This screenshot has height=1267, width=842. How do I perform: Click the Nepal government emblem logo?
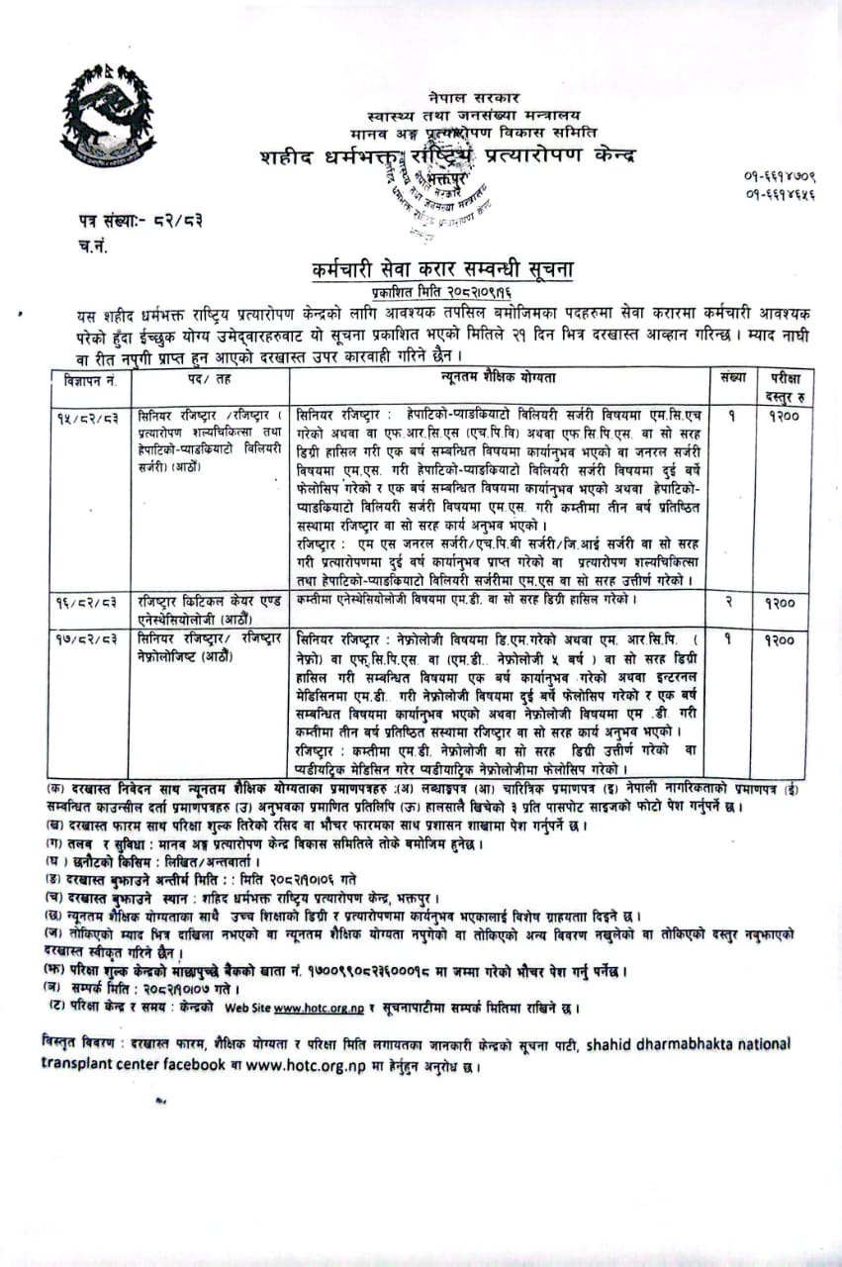pyautogui.click(x=108, y=122)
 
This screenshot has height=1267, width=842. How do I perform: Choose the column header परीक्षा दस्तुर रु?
pyautogui.click(x=777, y=385)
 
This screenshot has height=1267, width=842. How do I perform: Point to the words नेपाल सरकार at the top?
pyautogui.click(x=461, y=98)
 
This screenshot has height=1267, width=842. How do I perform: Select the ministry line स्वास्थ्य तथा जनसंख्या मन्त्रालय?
pyautogui.click(x=460, y=116)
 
